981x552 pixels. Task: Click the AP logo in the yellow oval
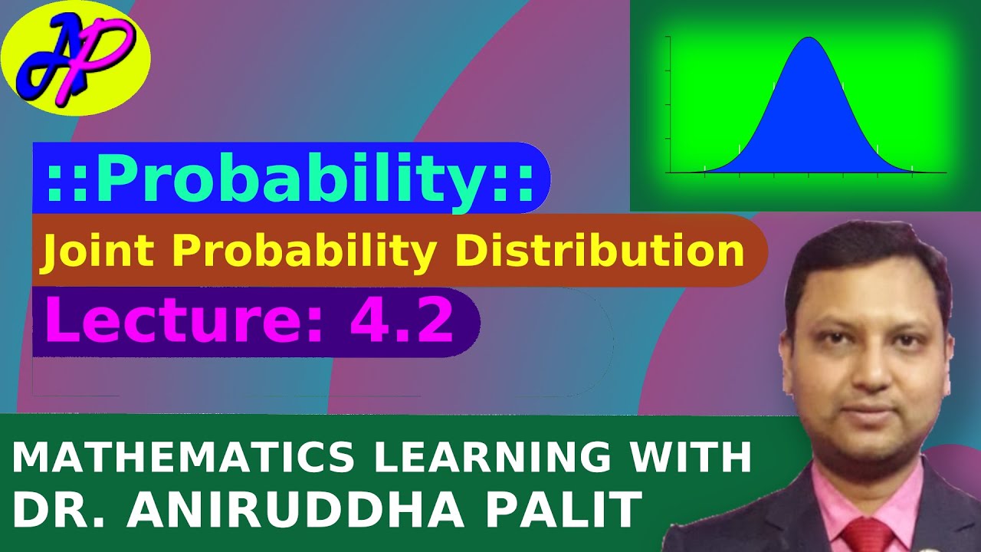75,58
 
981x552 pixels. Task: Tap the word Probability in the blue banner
291,182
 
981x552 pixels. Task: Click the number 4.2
402,321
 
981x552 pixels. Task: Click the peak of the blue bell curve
809,38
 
